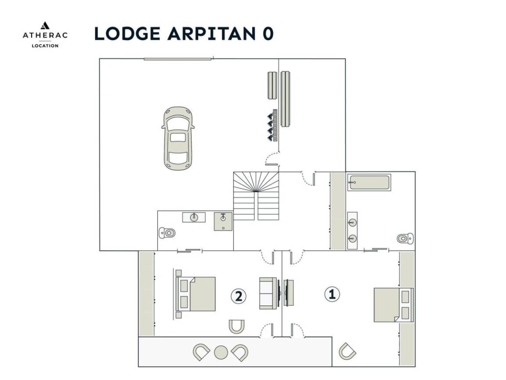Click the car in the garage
[178, 138]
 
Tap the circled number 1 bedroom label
[332, 294]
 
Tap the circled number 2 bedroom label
[239, 296]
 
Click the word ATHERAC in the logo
[45, 35]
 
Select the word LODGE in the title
[127, 33]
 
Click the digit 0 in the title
[268, 33]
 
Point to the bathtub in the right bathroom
[369, 183]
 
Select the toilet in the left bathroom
[167, 232]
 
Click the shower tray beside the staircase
[223, 221]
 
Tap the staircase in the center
[256, 196]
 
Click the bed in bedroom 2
[195, 294]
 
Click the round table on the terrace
[221, 353]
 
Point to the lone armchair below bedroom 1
[347, 351]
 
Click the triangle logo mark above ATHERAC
[45, 26]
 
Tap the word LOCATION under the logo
[45, 46]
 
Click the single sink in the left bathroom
[194, 217]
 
